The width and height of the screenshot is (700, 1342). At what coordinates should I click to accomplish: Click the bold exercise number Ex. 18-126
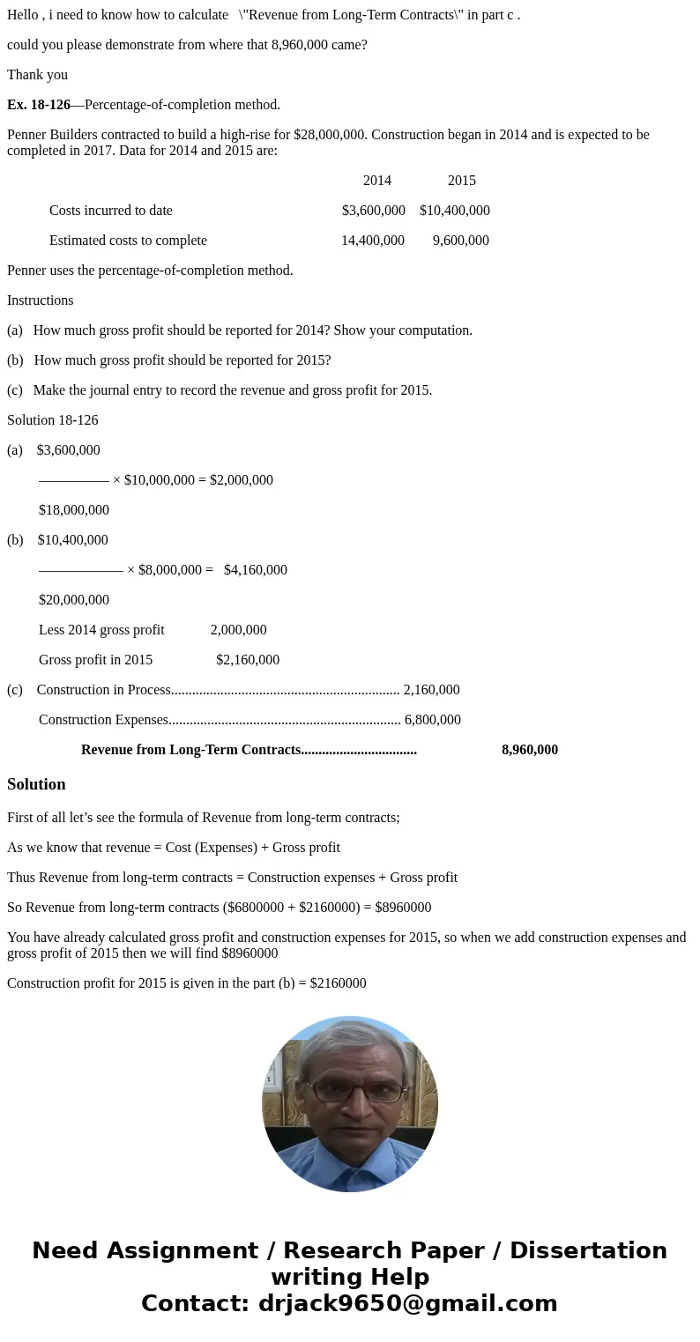click(x=39, y=105)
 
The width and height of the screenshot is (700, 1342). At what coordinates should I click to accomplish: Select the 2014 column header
click(x=376, y=181)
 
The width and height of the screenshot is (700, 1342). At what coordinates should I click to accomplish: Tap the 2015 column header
click(x=461, y=181)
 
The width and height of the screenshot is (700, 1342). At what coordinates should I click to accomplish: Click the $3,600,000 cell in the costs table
click(x=374, y=211)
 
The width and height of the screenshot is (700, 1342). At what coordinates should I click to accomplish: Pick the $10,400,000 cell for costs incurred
click(x=455, y=211)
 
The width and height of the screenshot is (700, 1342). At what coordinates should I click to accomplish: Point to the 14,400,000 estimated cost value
click(x=373, y=241)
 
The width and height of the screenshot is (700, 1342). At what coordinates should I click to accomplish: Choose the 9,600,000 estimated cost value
click(x=461, y=241)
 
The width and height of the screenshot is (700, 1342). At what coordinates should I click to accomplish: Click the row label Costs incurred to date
click(x=111, y=211)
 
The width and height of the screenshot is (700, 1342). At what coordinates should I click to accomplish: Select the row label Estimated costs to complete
click(x=128, y=241)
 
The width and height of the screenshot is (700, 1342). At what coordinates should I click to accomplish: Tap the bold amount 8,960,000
click(x=530, y=750)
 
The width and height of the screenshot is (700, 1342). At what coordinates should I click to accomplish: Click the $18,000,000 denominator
click(x=74, y=510)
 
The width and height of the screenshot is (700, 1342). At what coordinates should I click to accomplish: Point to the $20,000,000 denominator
click(x=74, y=600)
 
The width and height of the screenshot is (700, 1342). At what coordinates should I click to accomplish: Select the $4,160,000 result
click(x=256, y=570)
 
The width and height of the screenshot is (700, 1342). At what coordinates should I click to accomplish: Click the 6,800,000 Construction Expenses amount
click(x=433, y=720)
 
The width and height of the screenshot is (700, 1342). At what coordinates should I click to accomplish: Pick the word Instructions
click(x=41, y=300)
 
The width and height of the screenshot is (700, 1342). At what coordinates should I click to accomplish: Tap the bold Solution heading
click(x=36, y=784)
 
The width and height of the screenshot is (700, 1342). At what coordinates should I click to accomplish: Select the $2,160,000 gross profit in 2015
click(x=248, y=660)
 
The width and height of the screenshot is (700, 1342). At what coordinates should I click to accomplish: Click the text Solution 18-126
click(x=53, y=420)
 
